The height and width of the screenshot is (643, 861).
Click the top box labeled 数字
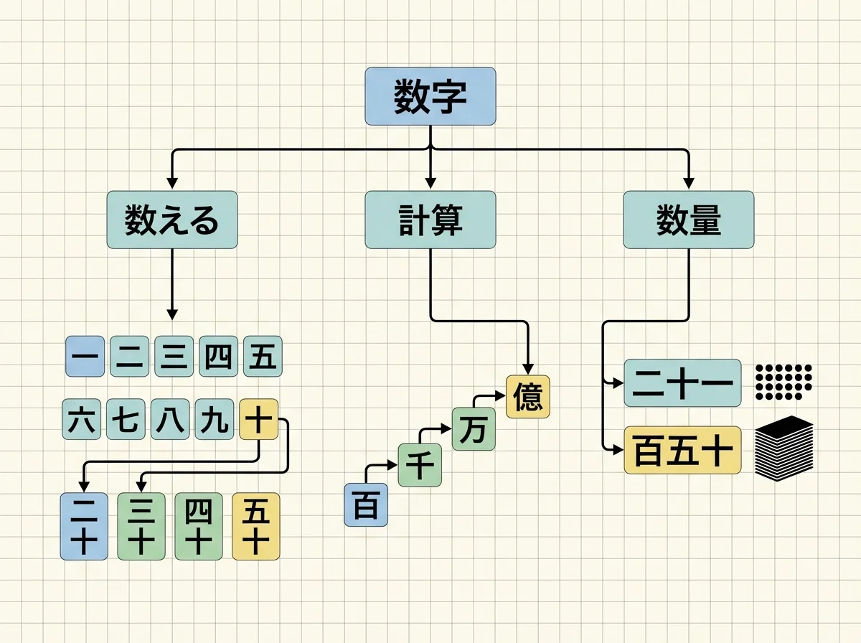click(430, 96)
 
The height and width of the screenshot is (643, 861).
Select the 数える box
click(171, 220)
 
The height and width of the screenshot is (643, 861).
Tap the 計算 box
click(430, 220)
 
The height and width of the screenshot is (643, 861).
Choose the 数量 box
click(688, 220)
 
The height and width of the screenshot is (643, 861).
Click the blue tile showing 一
click(85, 357)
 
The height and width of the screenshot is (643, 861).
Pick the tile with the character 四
click(219, 357)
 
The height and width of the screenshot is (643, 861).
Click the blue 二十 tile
click(84, 526)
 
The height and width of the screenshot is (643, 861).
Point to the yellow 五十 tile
click(256, 526)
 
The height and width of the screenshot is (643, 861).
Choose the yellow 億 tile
click(528, 397)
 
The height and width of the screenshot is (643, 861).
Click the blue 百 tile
click(366, 505)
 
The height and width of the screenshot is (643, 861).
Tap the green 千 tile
click(420, 465)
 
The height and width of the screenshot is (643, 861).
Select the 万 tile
click(473, 430)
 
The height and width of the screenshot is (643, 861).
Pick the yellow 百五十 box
click(682, 450)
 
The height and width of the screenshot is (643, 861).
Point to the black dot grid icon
click(783, 380)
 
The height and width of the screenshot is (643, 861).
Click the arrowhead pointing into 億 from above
click(528, 368)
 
